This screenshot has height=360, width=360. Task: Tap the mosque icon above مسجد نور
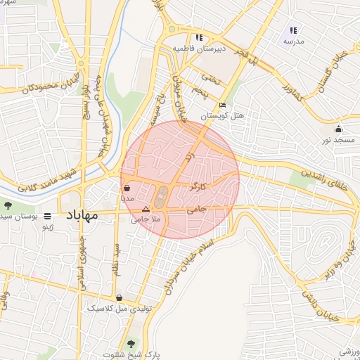coord(339,129)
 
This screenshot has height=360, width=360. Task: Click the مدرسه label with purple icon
coord(293,41)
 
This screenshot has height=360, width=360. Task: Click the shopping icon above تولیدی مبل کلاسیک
coord(119,297)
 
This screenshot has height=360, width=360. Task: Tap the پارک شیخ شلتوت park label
coord(131,354)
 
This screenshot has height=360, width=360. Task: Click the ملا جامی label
coord(146,219)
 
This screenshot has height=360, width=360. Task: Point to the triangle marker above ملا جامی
coord(146,210)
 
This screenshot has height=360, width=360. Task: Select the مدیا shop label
coord(127,199)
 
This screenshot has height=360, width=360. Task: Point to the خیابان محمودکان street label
coord(28,89)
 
